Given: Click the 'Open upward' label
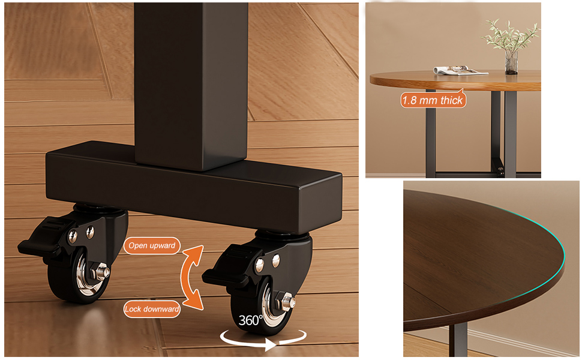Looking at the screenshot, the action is click(x=152, y=245).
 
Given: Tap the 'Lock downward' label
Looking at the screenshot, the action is click(x=152, y=309).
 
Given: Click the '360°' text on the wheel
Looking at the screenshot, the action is click(x=251, y=320).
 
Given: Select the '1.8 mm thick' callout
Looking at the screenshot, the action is click(x=433, y=100).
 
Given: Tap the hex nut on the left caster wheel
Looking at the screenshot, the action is click(x=101, y=272).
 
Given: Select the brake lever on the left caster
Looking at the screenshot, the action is click(x=41, y=238).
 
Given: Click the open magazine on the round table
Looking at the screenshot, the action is click(x=460, y=70).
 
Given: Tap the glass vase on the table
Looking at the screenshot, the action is click(x=511, y=62).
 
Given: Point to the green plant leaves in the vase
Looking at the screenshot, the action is click(x=511, y=34).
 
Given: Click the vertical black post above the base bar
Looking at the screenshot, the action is click(x=191, y=83).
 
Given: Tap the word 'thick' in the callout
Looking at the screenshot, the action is click(x=452, y=100).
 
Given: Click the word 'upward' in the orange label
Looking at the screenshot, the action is click(x=163, y=245).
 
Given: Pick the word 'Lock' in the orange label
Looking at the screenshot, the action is click(x=133, y=309).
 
